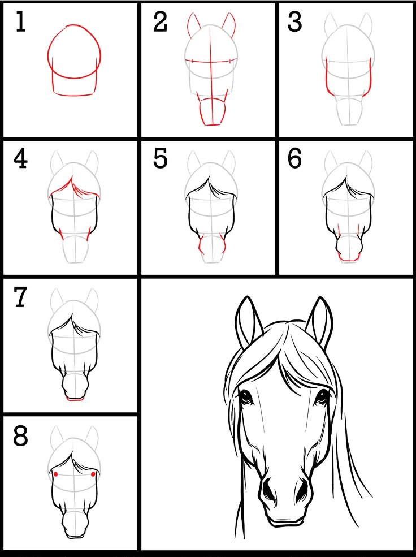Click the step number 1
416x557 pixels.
pyautogui.click(x=20, y=23)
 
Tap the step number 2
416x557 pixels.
pyautogui.click(x=160, y=23)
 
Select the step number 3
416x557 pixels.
pyautogui.click(x=294, y=23)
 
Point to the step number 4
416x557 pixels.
pyautogui.click(x=20, y=159)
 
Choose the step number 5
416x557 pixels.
pyautogui.click(x=160, y=159)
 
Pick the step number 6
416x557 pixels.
pyautogui.click(x=294, y=159)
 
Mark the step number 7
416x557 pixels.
pyautogui.click(x=20, y=297)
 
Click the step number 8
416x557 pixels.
pyautogui.click(x=20, y=437)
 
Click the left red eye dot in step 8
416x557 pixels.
pyautogui.click(x=56, y=474)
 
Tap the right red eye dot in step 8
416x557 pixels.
pyautogui.click(x=93, y=474)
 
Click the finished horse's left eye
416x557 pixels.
pyautogui.click(x=245, y=396)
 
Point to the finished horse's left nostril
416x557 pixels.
pyautogui.click(x=267, y=491)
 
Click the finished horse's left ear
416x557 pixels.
pyautogui.click(x=248, y=322)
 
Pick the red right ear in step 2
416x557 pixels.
pyautogui.click(x=229, y=25)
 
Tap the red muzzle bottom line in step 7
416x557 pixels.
pyautogui.click(x=75, y=400)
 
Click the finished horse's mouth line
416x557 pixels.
pyautogui.click(x=287, y=521)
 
